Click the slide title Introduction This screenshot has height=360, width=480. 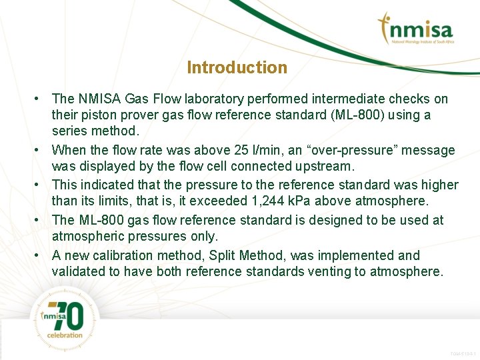[x=237, y=67]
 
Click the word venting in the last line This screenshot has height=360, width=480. [x=329, y=271]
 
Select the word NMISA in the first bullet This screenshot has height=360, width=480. [x=99, y=99]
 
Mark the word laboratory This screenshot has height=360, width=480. [x=213, y=99]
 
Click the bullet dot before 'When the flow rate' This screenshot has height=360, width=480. [x=40, y=151]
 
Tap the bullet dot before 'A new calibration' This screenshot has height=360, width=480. [x=40, y=255]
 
